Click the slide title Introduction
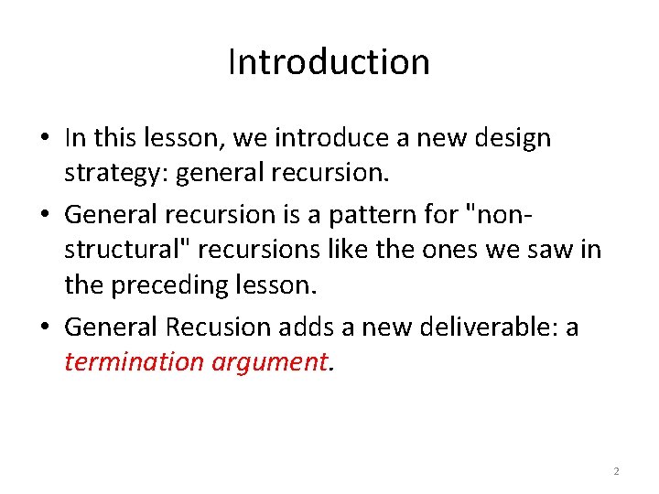pos(329,62)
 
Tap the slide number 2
pos(616,471)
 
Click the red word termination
pos(135,361)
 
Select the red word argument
pos(268,361)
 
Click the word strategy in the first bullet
pos(103,175)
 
